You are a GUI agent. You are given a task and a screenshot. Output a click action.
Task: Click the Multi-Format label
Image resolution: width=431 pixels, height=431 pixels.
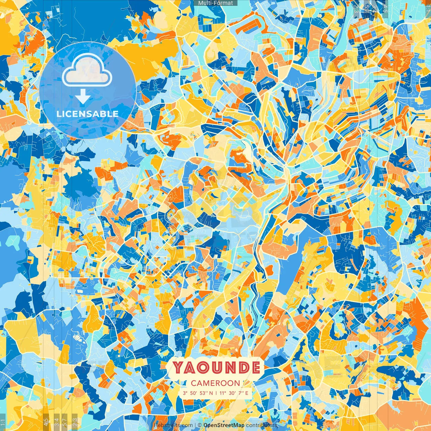tap(215, 3)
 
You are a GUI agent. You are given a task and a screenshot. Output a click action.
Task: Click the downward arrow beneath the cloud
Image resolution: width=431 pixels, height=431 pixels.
tap(82, 97)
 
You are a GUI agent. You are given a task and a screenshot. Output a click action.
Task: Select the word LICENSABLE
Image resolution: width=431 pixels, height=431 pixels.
tap(88, 114)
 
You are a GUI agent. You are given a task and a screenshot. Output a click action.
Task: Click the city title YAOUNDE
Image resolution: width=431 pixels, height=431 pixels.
tap(216, 367)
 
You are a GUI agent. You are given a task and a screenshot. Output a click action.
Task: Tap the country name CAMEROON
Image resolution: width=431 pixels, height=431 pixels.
tap(215, 383)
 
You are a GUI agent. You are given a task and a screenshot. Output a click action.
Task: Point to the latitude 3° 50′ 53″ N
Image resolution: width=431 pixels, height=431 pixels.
tap(198, 393)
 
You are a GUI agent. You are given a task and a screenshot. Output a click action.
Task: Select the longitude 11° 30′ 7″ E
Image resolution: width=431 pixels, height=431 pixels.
tap(234, 393)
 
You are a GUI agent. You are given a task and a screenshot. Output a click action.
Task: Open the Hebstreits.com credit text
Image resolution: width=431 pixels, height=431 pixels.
tap(173, 425)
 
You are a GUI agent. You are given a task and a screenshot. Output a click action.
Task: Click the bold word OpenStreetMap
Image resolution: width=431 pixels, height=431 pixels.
tap(224, 425)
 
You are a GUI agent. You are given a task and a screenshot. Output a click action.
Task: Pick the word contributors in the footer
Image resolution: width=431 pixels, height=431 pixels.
tap(262, 425)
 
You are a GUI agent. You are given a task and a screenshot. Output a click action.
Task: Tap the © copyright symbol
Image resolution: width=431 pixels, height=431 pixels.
tap(200, 425)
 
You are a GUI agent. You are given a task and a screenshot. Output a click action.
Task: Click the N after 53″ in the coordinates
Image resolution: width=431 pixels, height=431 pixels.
tap(211, 393)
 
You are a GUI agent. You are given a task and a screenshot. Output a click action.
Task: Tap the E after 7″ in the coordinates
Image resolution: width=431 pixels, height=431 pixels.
tap(246, 393)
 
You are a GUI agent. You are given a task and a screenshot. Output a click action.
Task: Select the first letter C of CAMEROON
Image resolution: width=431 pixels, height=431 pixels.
tap(194, 383)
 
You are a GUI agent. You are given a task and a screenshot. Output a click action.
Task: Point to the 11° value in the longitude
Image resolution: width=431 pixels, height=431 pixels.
tap(223, 393)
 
